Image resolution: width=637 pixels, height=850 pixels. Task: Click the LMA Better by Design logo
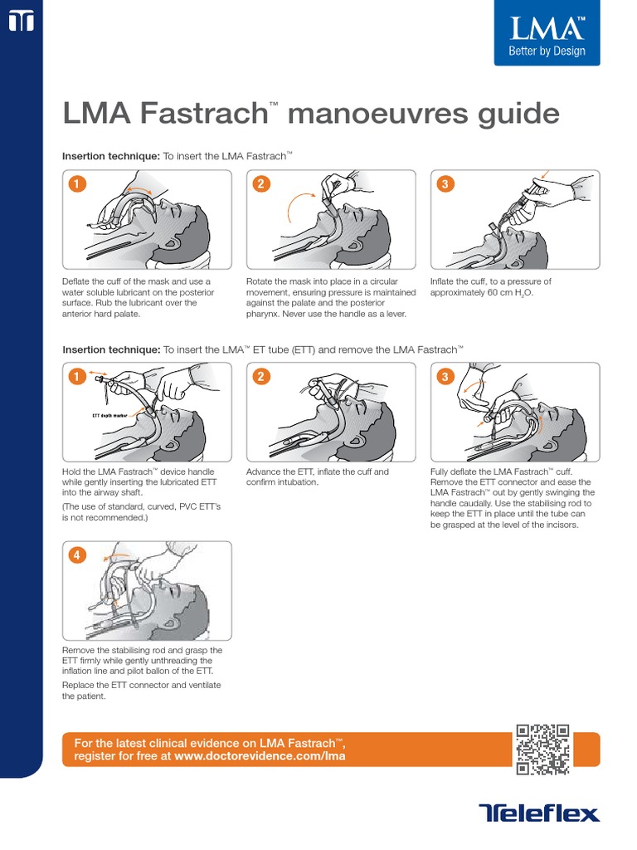point(547,36)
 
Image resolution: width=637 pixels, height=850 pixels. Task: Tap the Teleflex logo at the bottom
point(538,813)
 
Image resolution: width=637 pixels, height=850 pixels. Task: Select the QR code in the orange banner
point(542,750)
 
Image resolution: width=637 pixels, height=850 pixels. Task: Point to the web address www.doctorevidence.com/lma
point(260,756)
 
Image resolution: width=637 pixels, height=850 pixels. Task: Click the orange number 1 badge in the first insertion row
point(77,184)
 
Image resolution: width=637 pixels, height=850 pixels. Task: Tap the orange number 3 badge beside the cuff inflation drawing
point(445,184)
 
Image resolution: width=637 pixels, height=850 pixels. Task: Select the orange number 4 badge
point(77,556)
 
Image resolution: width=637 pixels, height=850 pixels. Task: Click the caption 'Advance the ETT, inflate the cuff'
point(317,471)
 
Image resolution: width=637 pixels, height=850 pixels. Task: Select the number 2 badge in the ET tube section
point(260,377)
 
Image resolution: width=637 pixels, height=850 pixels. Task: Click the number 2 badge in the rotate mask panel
point(260,184)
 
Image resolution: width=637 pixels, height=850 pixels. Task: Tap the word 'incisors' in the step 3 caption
point(561,525)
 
